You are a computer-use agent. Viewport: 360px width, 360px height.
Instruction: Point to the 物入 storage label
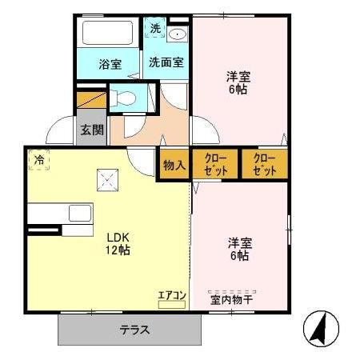coord(174,165)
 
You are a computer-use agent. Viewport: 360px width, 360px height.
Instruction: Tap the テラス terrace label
coord(136,329)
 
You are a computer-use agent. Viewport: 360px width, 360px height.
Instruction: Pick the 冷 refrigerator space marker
coord(38,160)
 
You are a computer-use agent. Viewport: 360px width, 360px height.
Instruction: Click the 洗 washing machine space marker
coord(156,29)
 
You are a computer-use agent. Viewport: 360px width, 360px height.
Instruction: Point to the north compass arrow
coord(320,329)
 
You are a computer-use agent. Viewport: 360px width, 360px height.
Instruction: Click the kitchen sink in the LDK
coord(80,213)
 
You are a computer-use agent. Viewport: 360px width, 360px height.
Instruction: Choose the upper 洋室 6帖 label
coord(236,83)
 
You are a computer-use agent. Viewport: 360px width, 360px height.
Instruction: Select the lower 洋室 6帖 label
coord(238,249)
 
